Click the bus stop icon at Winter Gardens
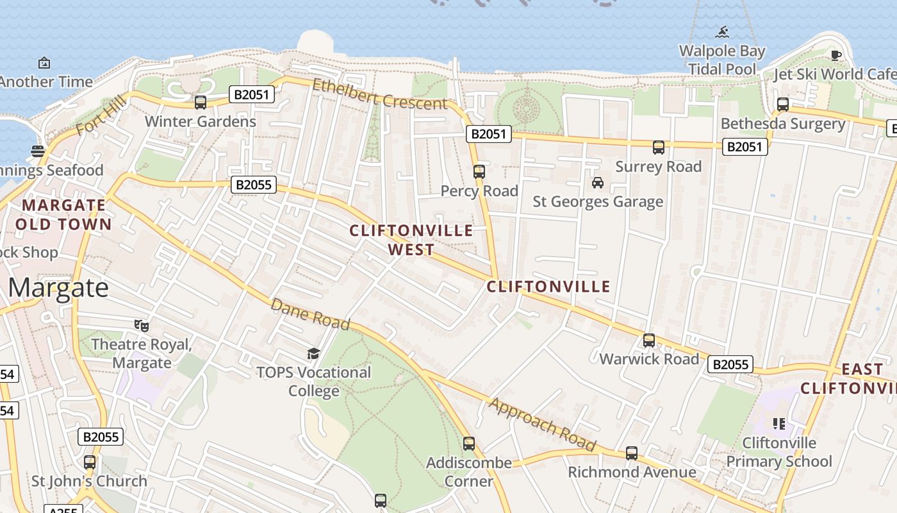[x=200, y=102]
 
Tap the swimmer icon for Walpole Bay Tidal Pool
[x=723, y=31]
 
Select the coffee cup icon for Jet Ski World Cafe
[x=835, y=55]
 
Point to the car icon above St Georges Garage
[x=598, y=183]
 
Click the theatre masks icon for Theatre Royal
[x=142, y=325]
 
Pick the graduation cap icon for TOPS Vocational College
[x=313, y=353]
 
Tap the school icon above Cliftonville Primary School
[x=779, y=423]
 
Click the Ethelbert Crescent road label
[x=379, y=93]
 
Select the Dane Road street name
[x=310, y=314]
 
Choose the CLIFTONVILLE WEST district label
[x=411, y=240]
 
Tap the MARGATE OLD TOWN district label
[x=63, y=215]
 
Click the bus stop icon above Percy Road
[x=479, y=171]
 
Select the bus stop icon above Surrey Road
[x=658, y=147]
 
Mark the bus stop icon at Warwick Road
[x=649, y=340]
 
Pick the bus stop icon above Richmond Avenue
[x=632, y=453]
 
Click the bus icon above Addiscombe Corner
[x=469, y=443]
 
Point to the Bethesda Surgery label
[x=783, y=124]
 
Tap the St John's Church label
[x=90, y=481]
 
